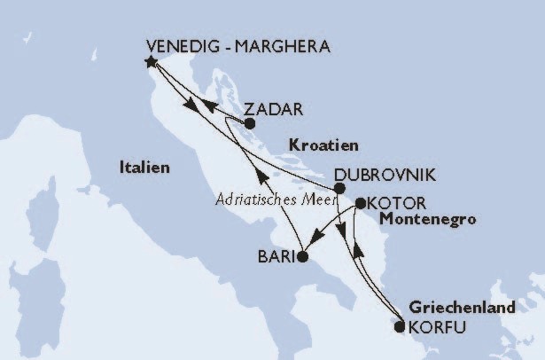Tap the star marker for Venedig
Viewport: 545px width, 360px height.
[x=151, y=62]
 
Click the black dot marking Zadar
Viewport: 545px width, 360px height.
[x=250, y=124]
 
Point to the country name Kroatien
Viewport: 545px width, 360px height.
[x=323, y=144]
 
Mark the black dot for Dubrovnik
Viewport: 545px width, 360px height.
[x=339, y=188]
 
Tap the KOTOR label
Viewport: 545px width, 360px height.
[x=396, y=202]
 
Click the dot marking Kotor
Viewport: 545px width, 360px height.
[x=361, y=203]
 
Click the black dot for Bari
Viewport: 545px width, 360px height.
[x=302, y=257]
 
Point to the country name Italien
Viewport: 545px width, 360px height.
[x=146, y=167]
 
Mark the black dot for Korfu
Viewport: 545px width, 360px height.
[x=400, y=327]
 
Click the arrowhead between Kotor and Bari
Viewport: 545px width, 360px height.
[x=318, y=237]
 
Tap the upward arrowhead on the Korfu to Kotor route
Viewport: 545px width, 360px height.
[x=358, y=254]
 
